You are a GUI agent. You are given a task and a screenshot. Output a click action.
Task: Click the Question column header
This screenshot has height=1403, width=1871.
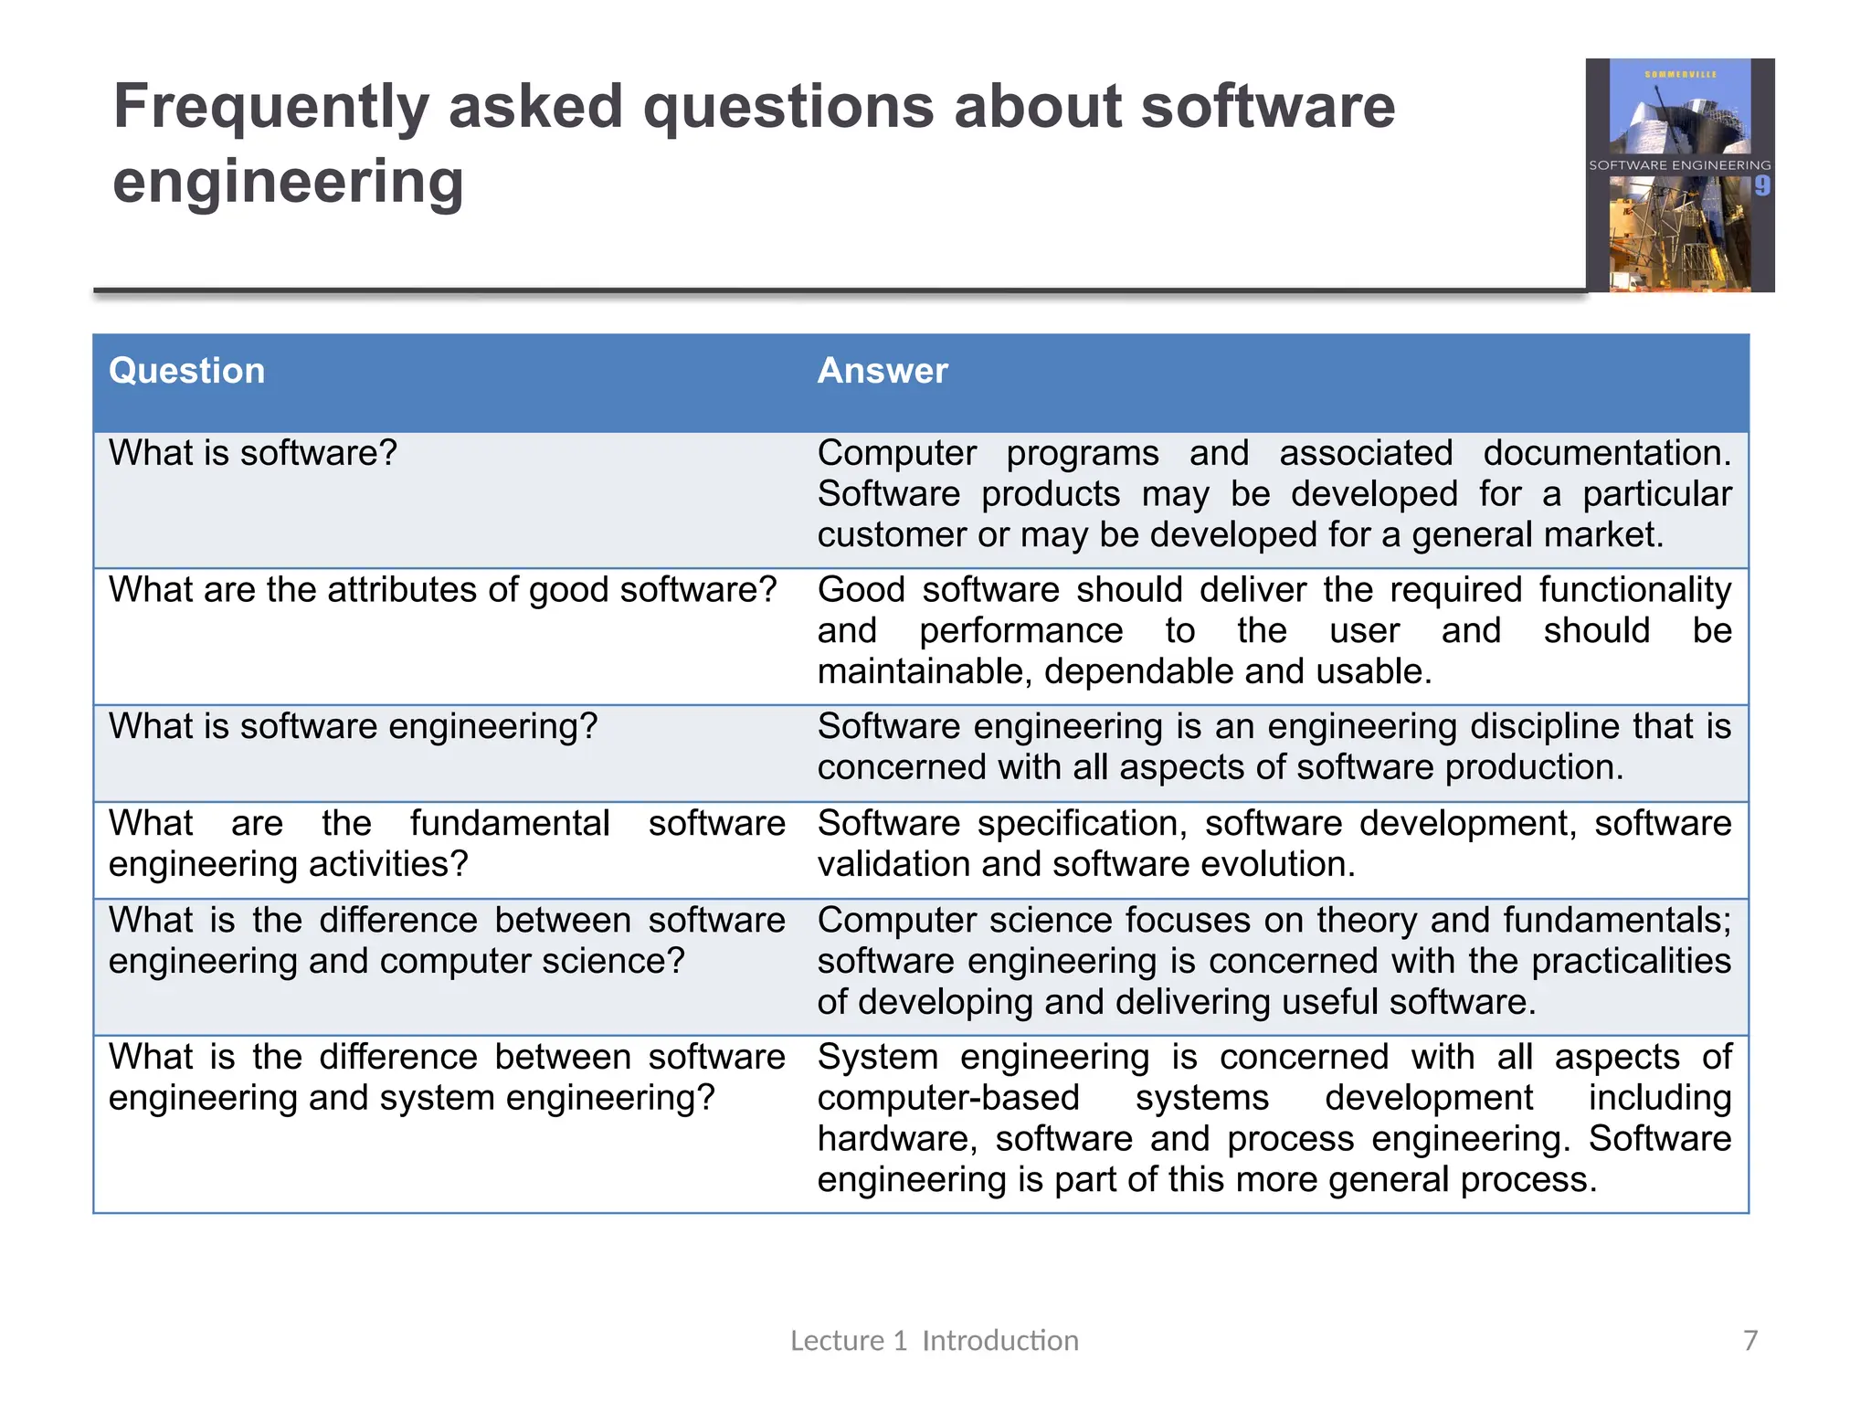(x=186, y=371)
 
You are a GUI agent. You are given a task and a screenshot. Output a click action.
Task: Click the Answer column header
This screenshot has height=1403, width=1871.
(x=882, y=371)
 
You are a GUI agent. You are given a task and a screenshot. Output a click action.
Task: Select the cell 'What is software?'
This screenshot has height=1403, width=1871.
(x=253, y=453)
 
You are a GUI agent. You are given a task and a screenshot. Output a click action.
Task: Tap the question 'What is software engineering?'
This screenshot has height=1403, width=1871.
(x=353, y=726)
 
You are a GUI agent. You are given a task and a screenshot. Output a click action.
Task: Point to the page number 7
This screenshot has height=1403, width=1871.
(x=1749, y=1340)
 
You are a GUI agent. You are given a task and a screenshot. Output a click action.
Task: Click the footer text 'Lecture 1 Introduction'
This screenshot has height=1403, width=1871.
(x=934, y=1340)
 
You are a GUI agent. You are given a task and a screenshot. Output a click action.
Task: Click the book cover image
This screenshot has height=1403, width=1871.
(x=1679, y=175)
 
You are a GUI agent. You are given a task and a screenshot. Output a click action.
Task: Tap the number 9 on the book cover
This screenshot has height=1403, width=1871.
(x=1761, y=186)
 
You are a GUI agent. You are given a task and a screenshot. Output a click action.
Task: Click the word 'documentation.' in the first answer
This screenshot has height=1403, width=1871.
(x=1606, y=453)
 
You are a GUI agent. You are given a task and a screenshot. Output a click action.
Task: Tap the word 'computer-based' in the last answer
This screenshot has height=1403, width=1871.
(x=948, y=1098)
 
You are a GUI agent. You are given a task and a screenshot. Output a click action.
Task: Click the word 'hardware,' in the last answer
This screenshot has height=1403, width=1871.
(x=897, y=1139)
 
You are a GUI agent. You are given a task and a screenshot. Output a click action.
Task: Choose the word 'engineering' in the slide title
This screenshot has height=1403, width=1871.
(x=288, y=182)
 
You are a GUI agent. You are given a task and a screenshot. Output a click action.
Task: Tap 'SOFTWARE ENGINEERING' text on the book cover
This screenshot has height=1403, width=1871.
(x=1679, y=165)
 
